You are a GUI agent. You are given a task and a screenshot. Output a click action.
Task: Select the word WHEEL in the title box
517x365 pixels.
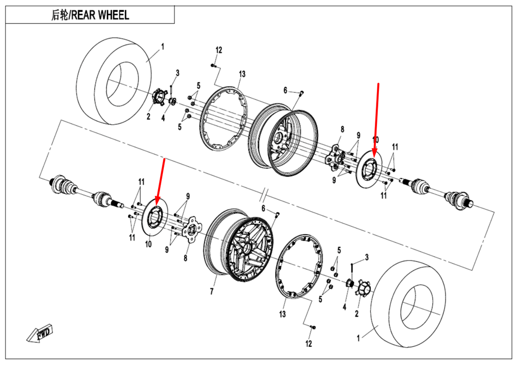(113, 15)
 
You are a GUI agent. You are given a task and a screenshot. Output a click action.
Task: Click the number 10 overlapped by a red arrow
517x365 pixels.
(376, 140)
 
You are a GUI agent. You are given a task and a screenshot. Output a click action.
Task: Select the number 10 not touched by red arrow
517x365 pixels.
(148, 244)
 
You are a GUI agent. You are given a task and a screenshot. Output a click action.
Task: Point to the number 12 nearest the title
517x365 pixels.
(219, 50)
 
